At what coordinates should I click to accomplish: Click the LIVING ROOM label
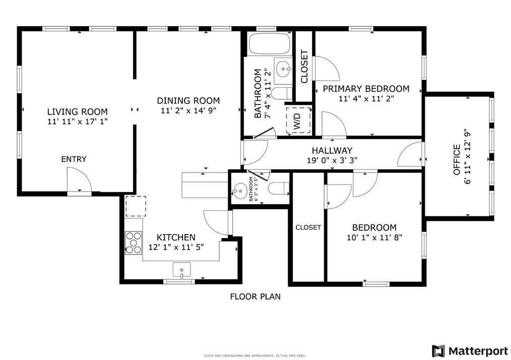click(x=77, y=111)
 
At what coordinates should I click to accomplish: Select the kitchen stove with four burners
click(x=134, y=242)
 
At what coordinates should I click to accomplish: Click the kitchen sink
click(x=181, y=270)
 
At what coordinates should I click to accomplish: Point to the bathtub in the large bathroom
click(x=270, y=44)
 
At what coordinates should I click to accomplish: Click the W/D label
click(x=297, y=121)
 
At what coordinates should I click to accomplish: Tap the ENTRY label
click(x=74, y=159)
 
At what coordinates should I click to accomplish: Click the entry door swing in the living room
click(x=79, y=181)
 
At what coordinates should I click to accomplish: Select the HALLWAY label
click(x=332, y=150)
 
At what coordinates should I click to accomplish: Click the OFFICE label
click(x=457, y=160)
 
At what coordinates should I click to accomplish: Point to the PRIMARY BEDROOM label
click(x=366, y=89)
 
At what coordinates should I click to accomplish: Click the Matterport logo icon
click(x=438, y=350)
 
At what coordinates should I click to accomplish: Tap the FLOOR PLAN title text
click(x=255, y=296)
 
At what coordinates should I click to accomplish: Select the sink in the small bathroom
click(x=240, y=191)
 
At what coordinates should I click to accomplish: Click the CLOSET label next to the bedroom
click(x=308, y=227)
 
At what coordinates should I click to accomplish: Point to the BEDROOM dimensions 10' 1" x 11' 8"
click(x=374, y=237)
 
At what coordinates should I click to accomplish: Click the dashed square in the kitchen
click(x=136, y=206)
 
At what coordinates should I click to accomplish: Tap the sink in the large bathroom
click(x=283, y=67)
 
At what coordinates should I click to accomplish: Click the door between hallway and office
click(x=411, y=155)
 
